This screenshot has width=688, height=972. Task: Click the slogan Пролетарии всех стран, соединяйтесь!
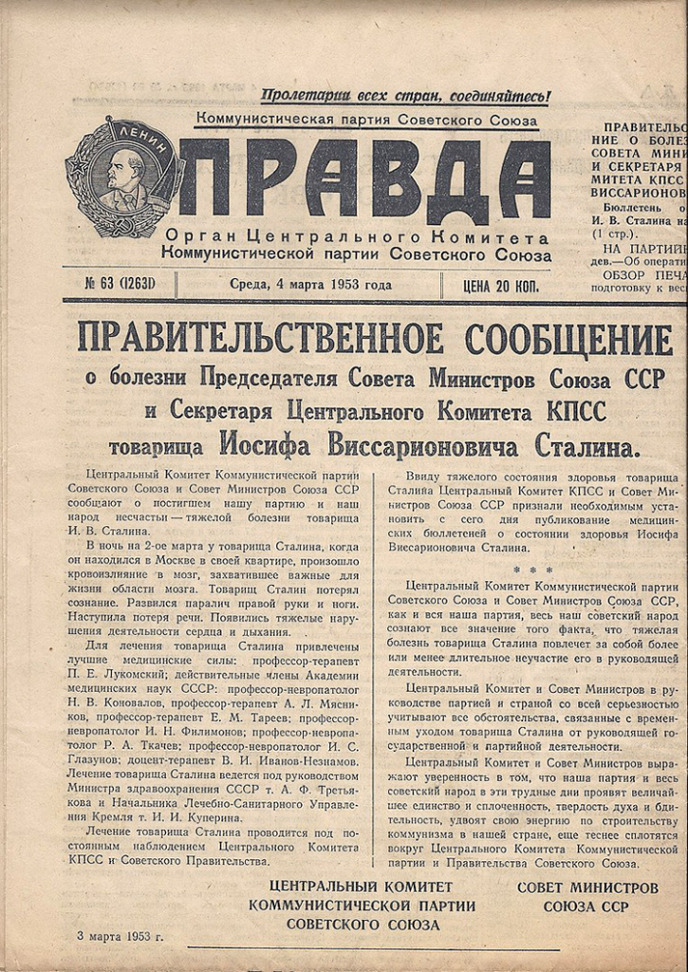click(405, 96)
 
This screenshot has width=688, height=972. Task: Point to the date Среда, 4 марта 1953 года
click(310, 284)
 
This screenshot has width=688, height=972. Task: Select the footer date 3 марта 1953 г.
click(121, 935)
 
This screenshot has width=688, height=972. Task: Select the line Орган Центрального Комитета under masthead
click(356, 236)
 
